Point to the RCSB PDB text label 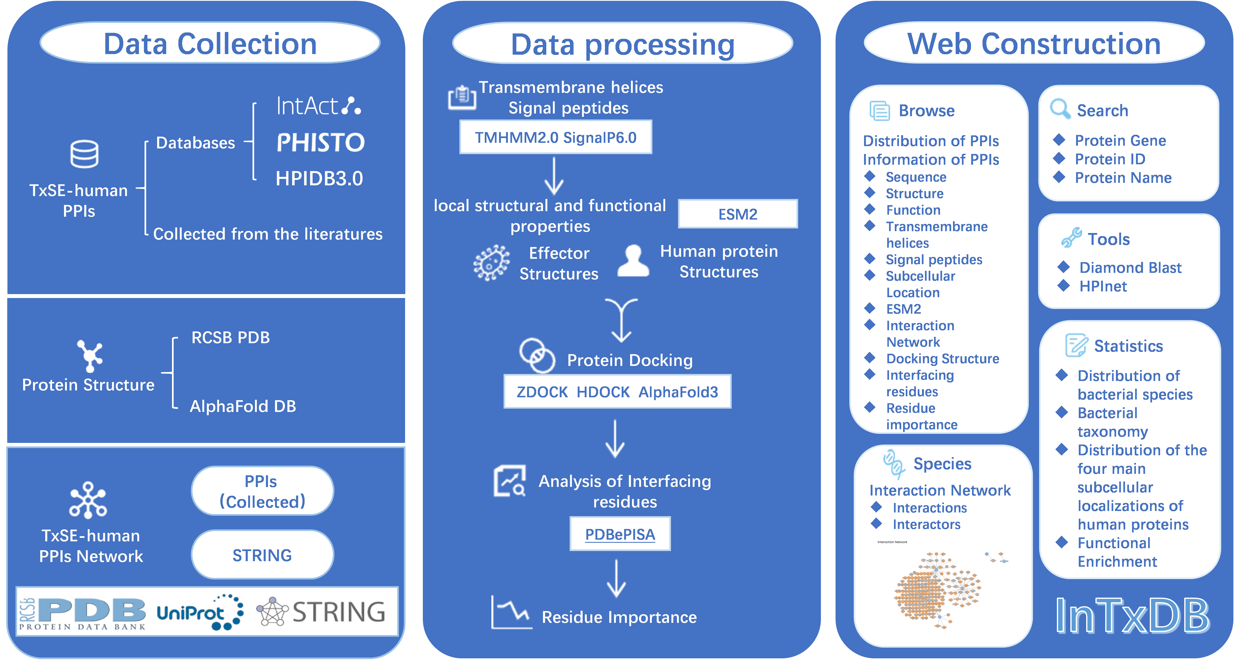230,338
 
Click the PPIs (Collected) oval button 262,491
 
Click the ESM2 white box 737,214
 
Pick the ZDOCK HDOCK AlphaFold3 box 617,392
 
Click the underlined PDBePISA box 620,534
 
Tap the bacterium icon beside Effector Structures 491,263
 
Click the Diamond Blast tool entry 1130,268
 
